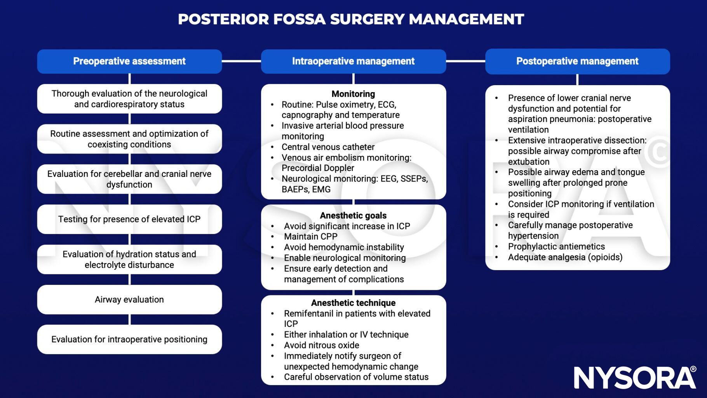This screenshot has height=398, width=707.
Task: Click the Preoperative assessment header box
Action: click(129, 61)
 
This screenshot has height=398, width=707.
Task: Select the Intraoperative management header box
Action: click(353, 61)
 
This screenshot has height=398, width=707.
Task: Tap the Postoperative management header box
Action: click(577, 61)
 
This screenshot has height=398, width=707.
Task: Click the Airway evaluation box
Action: click(129, 300)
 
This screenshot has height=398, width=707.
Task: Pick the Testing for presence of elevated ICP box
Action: click(129, 219)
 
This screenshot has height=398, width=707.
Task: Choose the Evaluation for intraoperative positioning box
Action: click(129, 339)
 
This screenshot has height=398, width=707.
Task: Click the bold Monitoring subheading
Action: click(353, 94)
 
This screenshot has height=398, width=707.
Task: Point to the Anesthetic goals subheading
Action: click(353, 216)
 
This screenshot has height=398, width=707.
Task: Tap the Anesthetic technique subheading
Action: click(353, 303)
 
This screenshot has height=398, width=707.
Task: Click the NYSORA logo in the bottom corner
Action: click(635, 377)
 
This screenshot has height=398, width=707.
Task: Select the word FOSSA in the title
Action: click(299, 19)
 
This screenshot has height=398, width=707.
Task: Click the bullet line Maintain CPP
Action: click(310, 237)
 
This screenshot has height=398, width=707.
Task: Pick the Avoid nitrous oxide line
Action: click(321, 345)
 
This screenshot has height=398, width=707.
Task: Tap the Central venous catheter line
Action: click(328, 147)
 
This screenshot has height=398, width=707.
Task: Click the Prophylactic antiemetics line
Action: click(556, 246)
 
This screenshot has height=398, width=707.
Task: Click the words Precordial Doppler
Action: click(318, 168)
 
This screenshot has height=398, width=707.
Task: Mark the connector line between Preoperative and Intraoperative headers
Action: click(241, 61)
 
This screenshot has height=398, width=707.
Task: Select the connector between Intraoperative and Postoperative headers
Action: click(465, 61)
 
